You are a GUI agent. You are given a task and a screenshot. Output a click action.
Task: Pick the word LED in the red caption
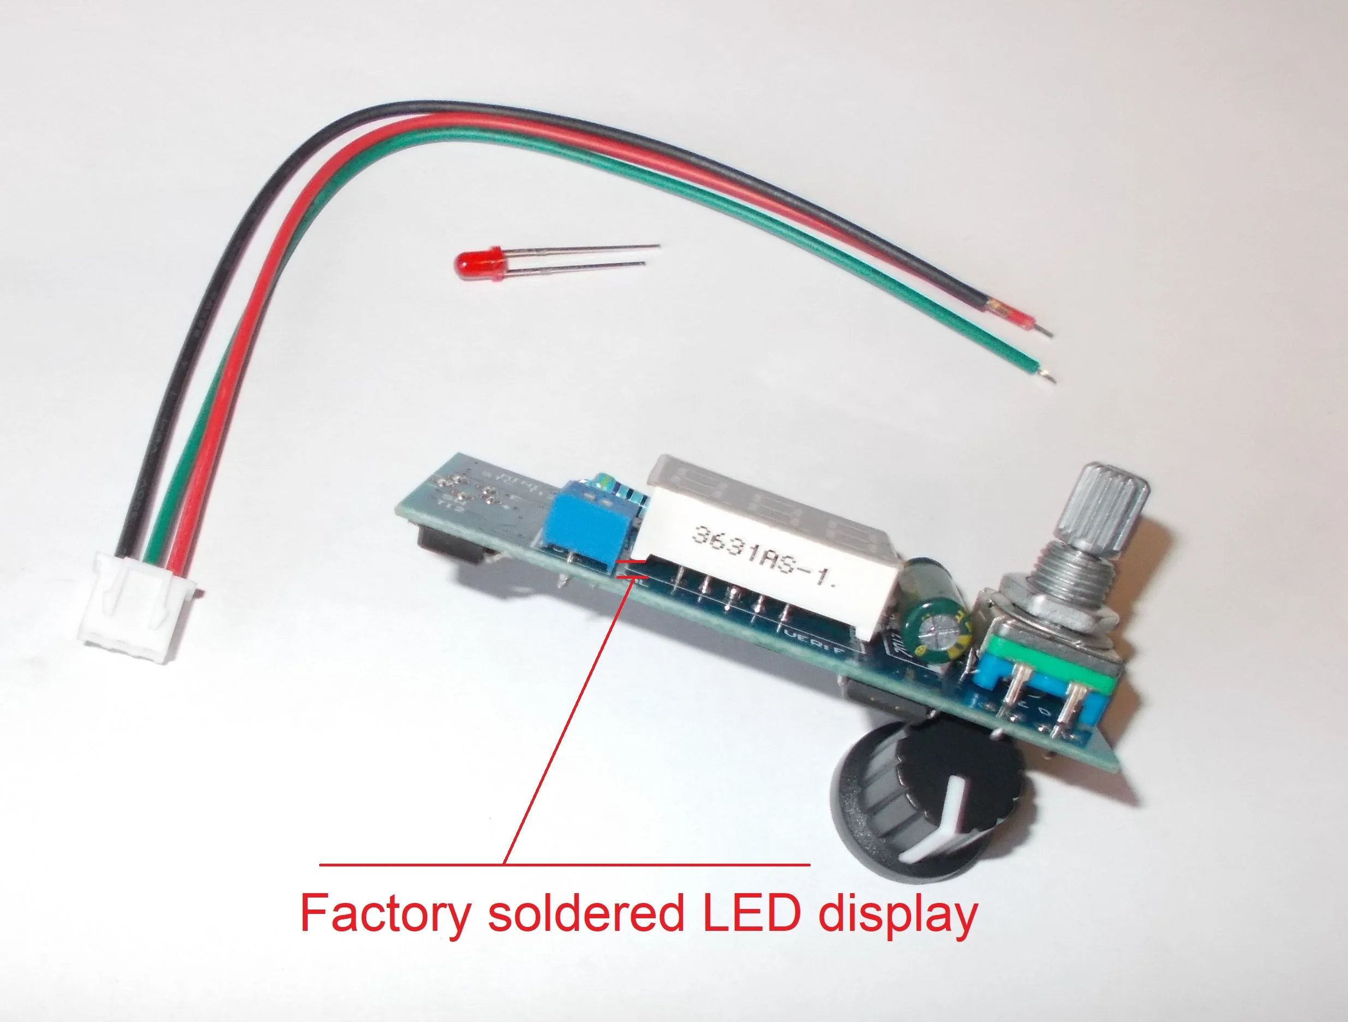[x=751, y=913]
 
